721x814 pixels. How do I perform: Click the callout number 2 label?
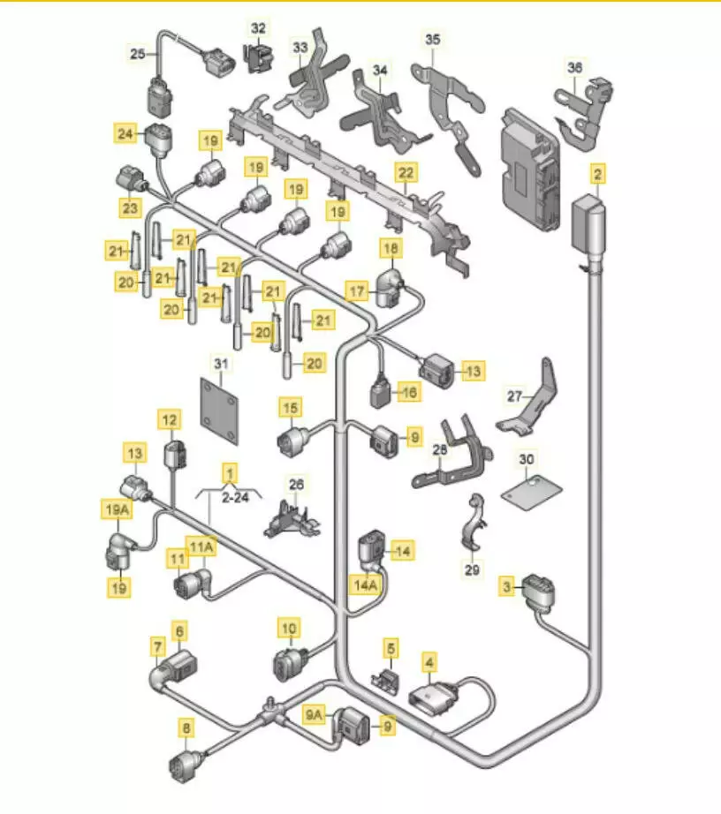click(598, 175)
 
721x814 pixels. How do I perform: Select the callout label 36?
click(575, 67)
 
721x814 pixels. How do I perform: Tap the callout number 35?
click(431, 40)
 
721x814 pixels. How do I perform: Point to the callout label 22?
click(405, 172)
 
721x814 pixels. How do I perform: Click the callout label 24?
click(125, 135)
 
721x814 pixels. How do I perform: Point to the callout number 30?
click(527, 460)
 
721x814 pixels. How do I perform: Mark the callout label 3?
click(506, 585)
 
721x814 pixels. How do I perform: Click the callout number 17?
click(355, 290)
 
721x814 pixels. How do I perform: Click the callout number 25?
click(137, 54)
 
